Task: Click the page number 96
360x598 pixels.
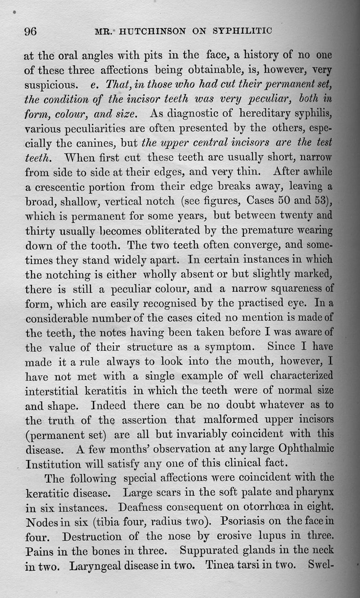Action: (31, 31)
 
